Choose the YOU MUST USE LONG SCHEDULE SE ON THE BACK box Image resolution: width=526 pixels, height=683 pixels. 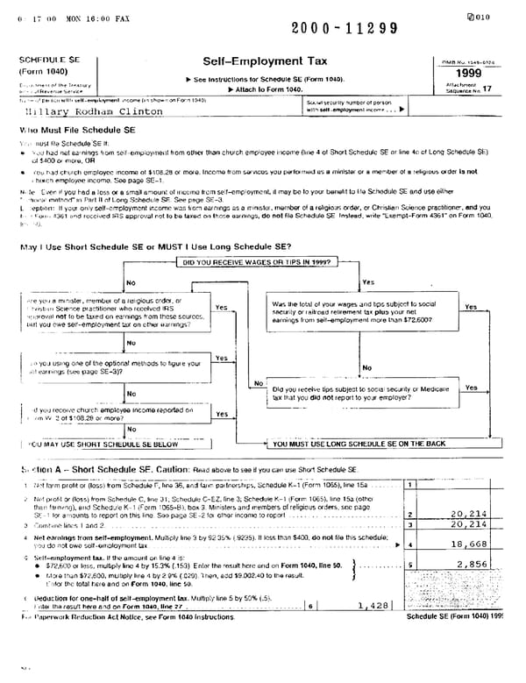[x=359, y=445]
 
